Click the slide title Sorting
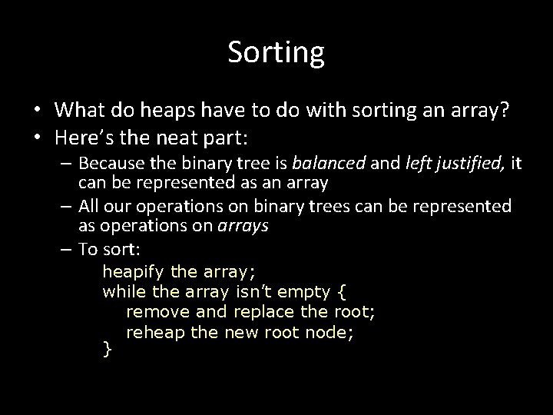coord(276,52)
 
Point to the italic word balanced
coord(323,164)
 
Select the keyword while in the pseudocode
coord(124,292)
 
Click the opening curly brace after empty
coord(342,292)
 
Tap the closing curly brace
coord(108,350)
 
